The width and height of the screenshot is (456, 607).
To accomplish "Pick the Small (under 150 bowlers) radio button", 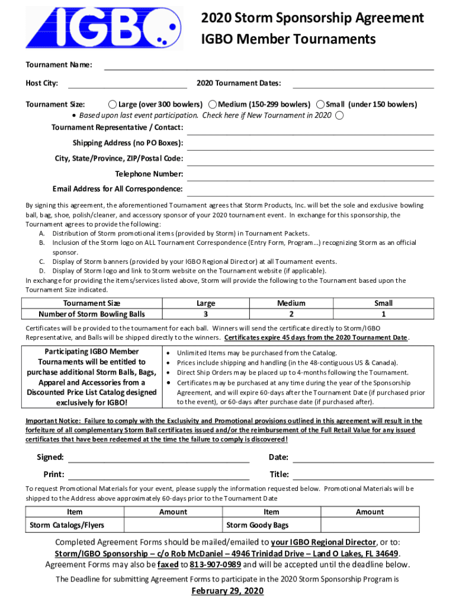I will (320, 104).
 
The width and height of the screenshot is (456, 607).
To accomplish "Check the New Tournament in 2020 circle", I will (339, 115).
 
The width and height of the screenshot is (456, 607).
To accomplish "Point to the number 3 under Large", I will (205, 314).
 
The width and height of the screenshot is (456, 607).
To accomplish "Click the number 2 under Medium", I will (291, 314).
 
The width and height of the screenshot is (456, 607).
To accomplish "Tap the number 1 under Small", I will (384, 314).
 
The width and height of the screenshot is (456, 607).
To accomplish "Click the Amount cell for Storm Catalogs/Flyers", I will (173, 525).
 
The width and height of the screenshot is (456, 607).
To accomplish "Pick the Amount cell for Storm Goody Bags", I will (370, 525).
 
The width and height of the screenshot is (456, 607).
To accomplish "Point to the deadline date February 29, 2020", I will (227, 592).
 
